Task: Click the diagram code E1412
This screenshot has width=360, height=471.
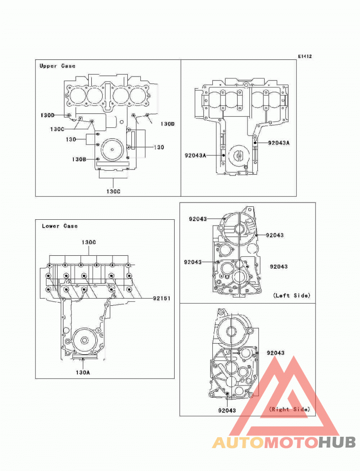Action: [x=305, y=56]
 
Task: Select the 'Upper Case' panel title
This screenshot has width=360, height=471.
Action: [x=57, y=66]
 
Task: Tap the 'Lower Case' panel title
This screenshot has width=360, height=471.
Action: [x=59, y=226]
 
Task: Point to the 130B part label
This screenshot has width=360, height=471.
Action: [x=79, y=159]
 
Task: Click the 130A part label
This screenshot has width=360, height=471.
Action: [x=82, y=372]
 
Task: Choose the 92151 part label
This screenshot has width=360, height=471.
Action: [x=162, y=298]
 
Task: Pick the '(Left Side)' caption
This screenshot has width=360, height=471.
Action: [x=292, y=295]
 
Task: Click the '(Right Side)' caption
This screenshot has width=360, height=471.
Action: [x=289, y=409]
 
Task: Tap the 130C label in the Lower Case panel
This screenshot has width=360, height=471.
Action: [x=89, y=242]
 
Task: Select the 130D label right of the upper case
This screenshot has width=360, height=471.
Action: [x=167, y=124]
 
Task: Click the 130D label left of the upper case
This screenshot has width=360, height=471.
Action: [x=47, y=115]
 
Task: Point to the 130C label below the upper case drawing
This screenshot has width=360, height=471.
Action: [x=113, y=191]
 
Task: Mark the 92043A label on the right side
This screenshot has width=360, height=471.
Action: [x=279, y=143]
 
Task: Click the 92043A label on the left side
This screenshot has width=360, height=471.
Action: [x=195, y=155]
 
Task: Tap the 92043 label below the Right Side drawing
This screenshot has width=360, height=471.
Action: [x=227, y=410]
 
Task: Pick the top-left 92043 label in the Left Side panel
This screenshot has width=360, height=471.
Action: [x=198, y=219]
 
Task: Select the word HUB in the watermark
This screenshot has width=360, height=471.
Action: [x=337, y=443]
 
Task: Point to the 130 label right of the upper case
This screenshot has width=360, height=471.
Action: [x=159, y=147]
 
